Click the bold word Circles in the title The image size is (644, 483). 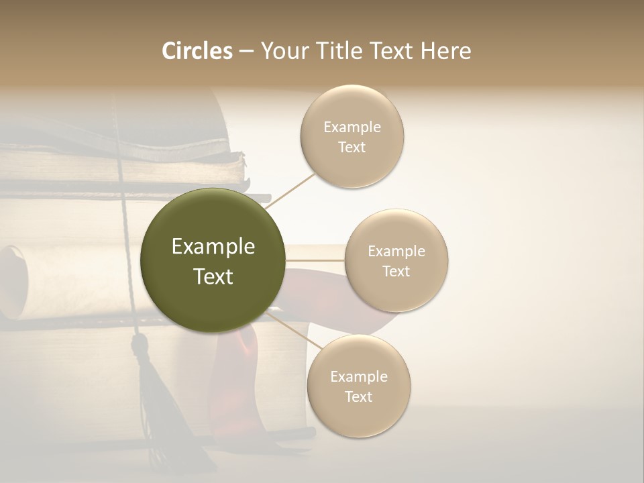click(197, 51)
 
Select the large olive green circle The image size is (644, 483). click(213, 260)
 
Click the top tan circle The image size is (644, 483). click(352, 136)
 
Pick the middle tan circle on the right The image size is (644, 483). click(396, 260)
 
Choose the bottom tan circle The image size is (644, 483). click(359, 386)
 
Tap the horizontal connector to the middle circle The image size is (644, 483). click(315, 260)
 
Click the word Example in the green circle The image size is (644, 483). click(213, 247)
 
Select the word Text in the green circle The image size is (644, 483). click(213, 276)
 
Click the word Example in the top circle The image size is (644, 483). click(352, 127)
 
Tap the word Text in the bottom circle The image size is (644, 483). click(359, 396)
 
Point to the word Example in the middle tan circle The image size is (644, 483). click(396, 251)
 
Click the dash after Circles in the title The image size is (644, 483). click(246, 51)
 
